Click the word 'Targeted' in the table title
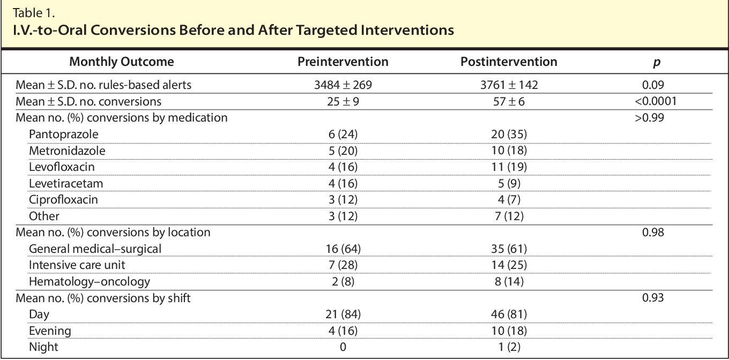(x=318, y=31)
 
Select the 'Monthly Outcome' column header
(x=122, y=62)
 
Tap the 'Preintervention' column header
(x=343, y=62)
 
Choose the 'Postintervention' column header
(x=509, y=62)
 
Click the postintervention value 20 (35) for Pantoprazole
(x=509, y=134)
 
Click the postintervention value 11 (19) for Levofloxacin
(x=509, y=167)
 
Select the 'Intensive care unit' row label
(x=77, y=265)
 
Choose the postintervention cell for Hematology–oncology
(x=509, y=281)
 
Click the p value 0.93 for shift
(x=653, y=298)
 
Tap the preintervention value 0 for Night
(x=343, y=347)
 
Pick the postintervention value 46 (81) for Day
(x=509, y=314)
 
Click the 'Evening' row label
(x=50, y=331)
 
